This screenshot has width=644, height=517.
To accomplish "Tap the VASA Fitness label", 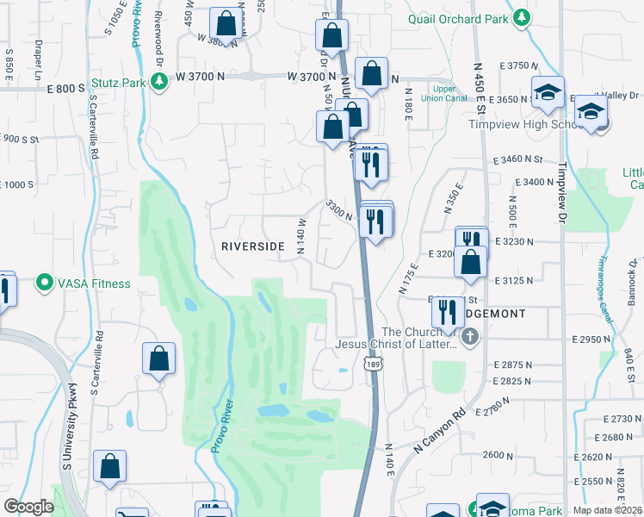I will click(x=95, y=283).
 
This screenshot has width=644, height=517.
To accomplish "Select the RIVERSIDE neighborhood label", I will click(x=253, y=246).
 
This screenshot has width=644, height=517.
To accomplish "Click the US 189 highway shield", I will click(x=372, y=366).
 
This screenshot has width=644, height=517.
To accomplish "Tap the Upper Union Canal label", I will click(x=443, y=93).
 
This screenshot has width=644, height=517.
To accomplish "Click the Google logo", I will click(x=28, y=508).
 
